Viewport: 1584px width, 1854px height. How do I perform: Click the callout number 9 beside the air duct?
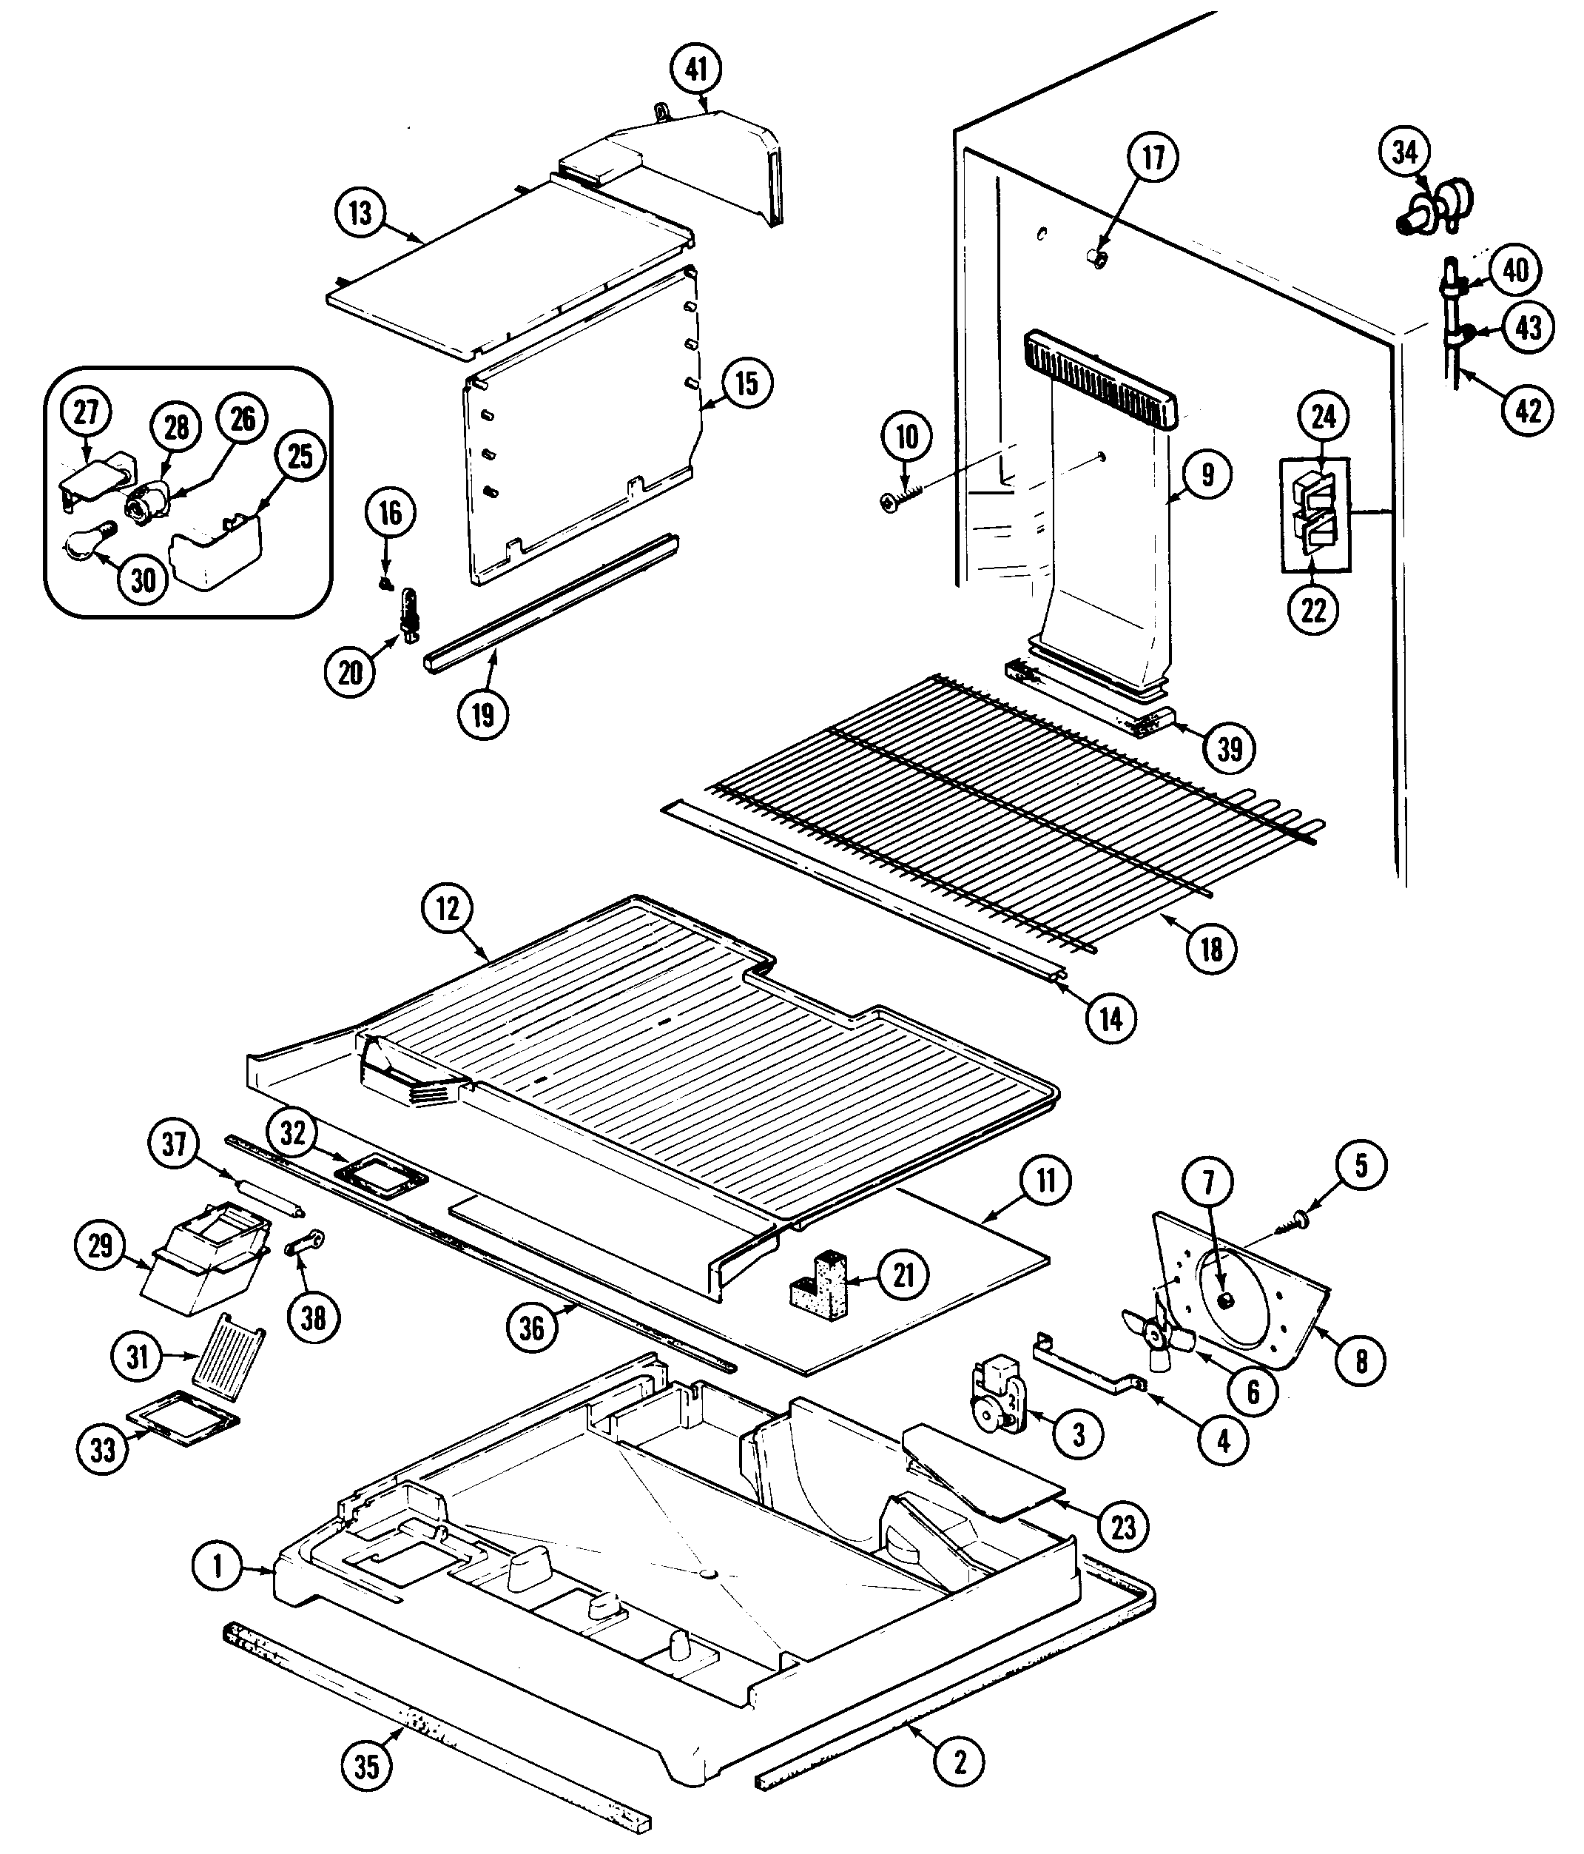tap(1207, 474)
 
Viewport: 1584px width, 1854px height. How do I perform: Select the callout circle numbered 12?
tap(447, 909)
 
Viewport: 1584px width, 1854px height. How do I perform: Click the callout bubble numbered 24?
tap(1323, 416)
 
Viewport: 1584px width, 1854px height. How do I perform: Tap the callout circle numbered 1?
tap(218, 1566)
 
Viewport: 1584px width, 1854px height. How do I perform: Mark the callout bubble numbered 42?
tap(1528, 410)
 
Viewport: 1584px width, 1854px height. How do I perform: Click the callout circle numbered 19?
tap(483, 714)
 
